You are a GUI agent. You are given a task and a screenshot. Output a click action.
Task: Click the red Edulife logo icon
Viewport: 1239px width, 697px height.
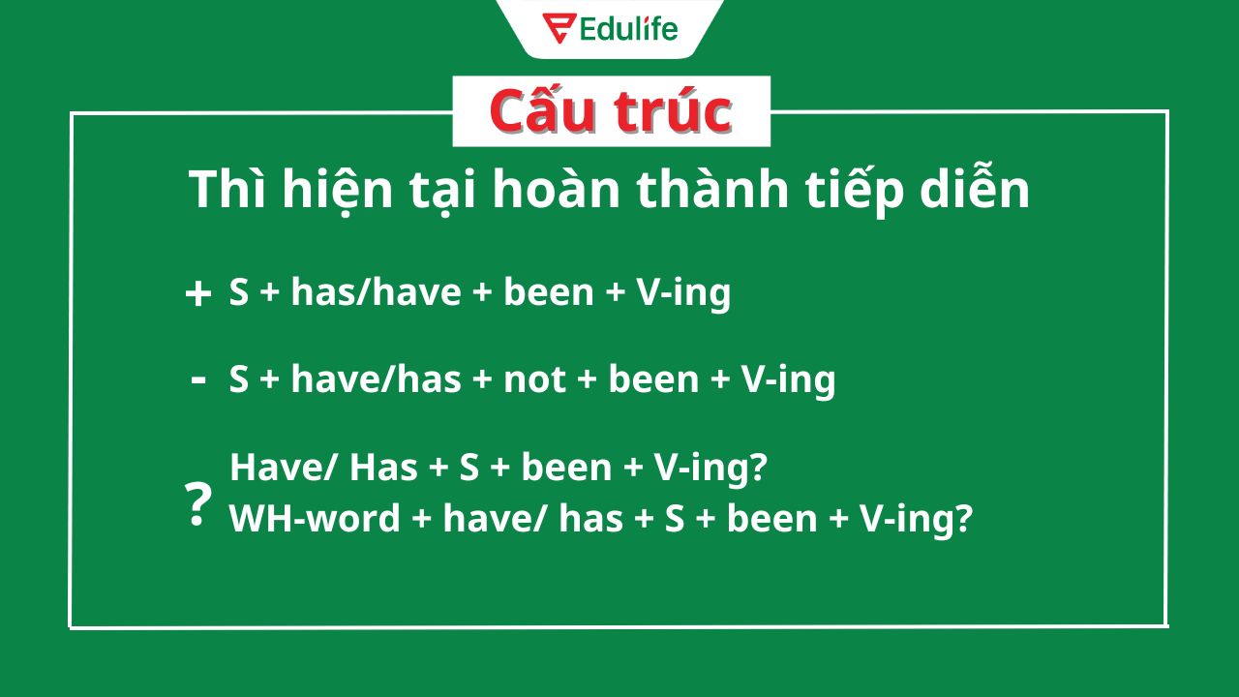(559, 28)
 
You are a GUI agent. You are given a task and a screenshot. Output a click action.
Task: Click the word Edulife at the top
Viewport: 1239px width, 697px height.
(628, 29)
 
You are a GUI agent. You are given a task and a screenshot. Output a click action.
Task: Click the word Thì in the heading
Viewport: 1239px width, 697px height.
(227, 189)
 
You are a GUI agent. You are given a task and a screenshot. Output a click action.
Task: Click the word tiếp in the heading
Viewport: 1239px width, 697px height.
(854, 191)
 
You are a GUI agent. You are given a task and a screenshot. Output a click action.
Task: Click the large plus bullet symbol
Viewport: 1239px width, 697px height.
(198, 293)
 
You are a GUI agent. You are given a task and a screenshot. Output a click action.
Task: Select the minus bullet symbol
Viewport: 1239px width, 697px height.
(198, 380)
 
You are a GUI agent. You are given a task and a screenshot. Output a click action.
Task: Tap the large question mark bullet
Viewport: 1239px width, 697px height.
(198, 504)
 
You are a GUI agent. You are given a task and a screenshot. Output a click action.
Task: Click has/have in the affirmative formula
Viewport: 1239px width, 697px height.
(377, 291)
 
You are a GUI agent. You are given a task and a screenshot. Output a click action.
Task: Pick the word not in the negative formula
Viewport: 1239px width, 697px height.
(534, 380)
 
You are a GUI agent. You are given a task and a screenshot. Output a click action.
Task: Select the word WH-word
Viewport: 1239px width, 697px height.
(315, 518)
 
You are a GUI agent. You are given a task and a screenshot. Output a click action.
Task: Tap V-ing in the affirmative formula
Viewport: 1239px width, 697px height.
(683, 293)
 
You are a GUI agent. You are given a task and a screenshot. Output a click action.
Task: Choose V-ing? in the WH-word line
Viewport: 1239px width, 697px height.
(916, 520)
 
